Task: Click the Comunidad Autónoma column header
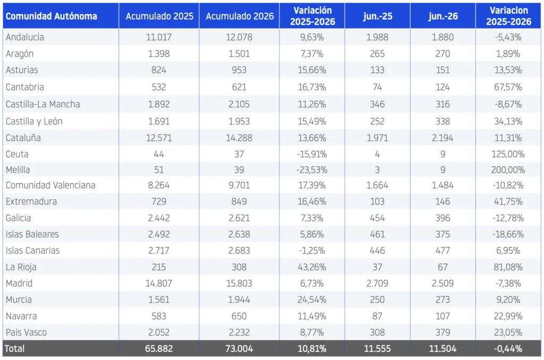point(52,16)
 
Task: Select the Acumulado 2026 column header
point(240,16)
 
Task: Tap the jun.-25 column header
point(378,16)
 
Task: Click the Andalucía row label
point(24,37)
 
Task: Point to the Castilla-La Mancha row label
point(42,104)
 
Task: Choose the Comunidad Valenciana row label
point(50,185)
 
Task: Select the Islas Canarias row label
point(32,251)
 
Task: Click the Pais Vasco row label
point(26,332)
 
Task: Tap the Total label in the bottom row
point(14,348)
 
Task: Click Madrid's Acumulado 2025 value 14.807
point(159,284)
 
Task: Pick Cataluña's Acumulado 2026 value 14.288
point(239,138)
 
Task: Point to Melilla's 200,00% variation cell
point(508,170)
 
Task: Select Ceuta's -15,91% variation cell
point(312,154)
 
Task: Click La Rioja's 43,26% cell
point(312,267)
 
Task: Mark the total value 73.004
point(239,348)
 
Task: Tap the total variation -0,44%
point(508,348)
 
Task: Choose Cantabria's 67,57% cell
point(508,87)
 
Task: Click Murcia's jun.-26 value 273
point(443,299)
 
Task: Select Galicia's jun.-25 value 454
point(378,218)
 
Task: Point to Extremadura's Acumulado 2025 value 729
point(159,201)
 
